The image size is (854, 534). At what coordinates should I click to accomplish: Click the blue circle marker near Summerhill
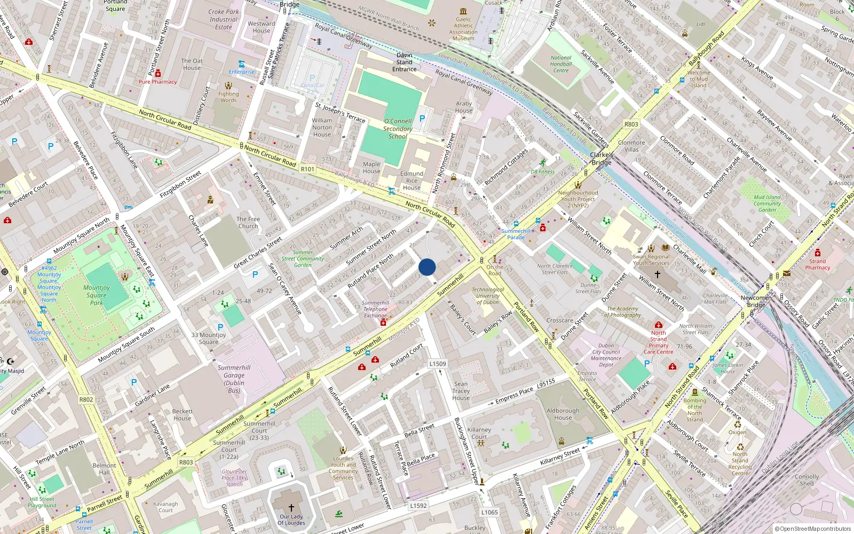click(427, 267)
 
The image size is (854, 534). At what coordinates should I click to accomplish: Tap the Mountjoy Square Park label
click(97, 295)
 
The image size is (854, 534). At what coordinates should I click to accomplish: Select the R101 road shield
click(307, 169)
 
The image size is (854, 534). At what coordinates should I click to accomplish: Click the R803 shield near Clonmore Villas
click(631, 124)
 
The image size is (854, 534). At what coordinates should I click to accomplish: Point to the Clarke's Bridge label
click(602, 159)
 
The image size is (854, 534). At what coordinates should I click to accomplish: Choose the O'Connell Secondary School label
click(398, 129)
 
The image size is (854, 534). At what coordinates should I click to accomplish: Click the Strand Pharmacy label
click(817, 264)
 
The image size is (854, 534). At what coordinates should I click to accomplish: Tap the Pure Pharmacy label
click(157, 82)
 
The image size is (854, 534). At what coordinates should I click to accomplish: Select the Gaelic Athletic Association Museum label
click(463, 29)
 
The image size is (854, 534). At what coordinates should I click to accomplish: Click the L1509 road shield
click(438, 364)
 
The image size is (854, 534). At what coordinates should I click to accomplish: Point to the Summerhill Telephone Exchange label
click(375, 309)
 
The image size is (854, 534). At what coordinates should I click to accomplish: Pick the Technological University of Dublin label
click(488, 296)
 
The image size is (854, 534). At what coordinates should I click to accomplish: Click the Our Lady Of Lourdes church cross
click(291, 507)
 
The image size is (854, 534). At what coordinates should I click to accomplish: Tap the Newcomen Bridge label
click(756, 301)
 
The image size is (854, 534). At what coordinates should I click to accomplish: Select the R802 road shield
click(86, 399)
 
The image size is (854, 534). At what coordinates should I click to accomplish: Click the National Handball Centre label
click(561, 64)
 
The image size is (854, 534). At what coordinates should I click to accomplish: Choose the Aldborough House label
click(563, 414)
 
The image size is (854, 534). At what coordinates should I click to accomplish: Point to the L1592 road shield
click(418, 505)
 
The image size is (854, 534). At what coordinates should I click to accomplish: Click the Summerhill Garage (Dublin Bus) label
click(234, 379)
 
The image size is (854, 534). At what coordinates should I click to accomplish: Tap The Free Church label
click(248, 223)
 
